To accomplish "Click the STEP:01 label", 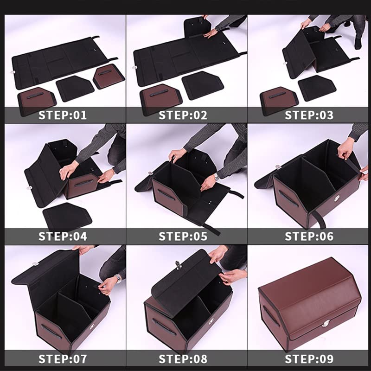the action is pyautogui.click(x=63, y=115).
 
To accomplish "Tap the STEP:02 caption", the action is pyautogui.click(x=183, y=115).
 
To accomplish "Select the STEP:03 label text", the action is pyautogui.click(x=309, y=115).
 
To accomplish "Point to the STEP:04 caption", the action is pyautogui.click(x=63, y=237).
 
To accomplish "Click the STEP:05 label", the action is pyautogui.click(x=183, y=237).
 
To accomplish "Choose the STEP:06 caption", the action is pyautogui.click(x=309, y=237).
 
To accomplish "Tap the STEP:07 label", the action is pyautogui.click(x=63, y=359).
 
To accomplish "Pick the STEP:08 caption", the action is pyautogui.click(x=183, y=359).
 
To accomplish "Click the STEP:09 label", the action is pyautogui.click(x=309, y=359).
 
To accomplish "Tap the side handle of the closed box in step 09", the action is pyautogui.click(x=271, y=316).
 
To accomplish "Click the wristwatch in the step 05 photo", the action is pyautogui.click(x=216, y=177).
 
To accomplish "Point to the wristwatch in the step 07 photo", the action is pyautogui.click(x=118, y=279).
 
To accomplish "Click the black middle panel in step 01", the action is pyautogui.click(x=75, y=88).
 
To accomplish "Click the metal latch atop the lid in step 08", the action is pyautogui.click(x=178, y=264).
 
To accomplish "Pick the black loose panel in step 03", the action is pyautogui.click(x=317, y=88).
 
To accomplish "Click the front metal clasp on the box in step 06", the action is pyautogui.click(x=337, y=199).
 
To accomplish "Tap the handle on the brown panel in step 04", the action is pyautogui.click(x=84, y=182).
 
